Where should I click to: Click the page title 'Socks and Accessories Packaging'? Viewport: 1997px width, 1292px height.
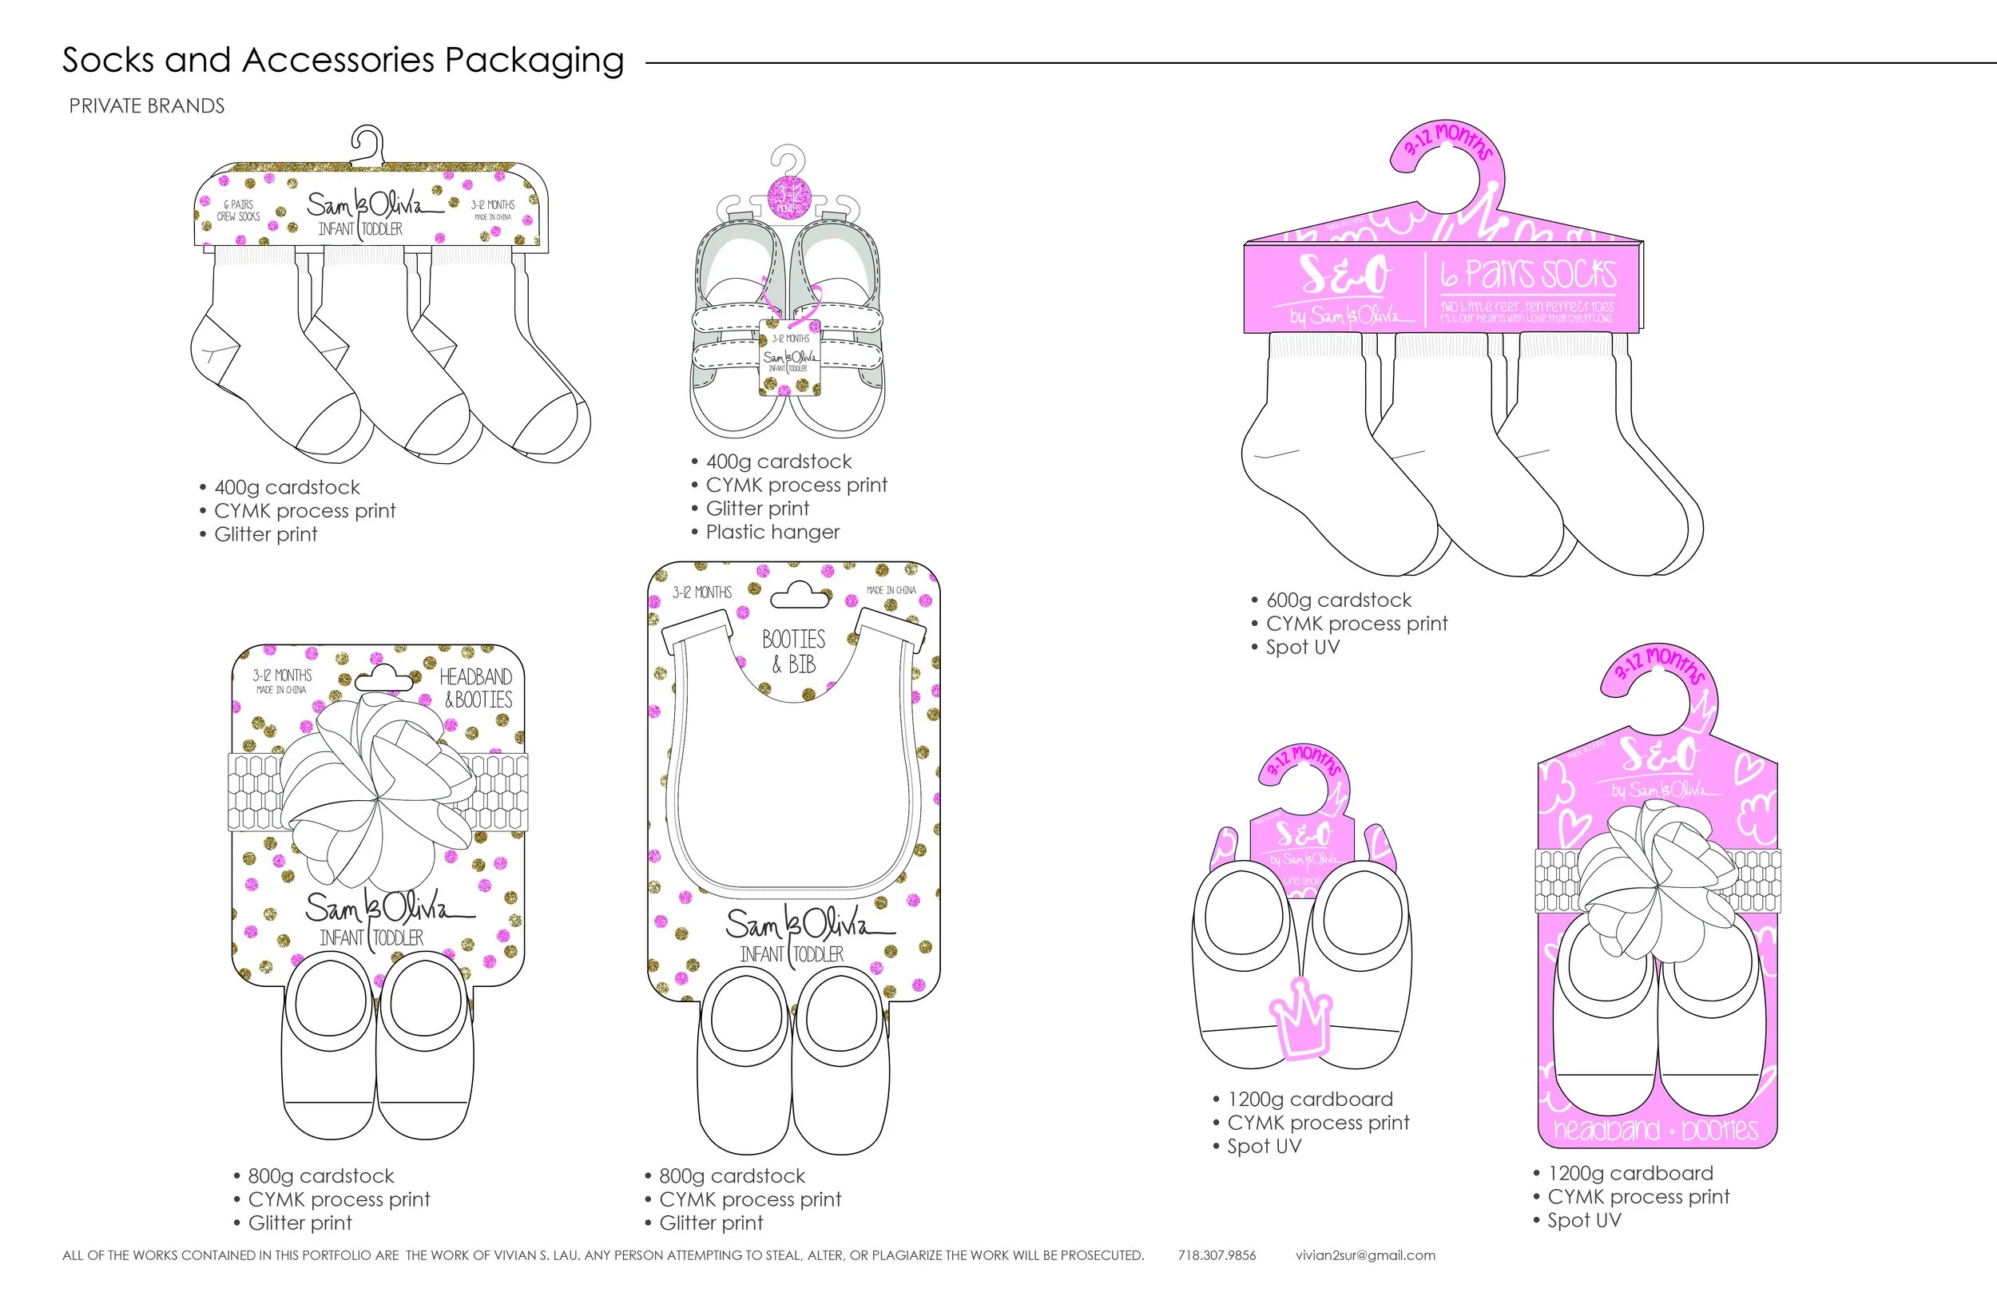(343, 61)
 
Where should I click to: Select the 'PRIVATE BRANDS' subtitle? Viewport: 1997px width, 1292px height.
(147, 106)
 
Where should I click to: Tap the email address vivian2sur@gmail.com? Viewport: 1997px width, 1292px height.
(1365, 1255)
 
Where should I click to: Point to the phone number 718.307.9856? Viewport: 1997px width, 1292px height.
(1217, 1255)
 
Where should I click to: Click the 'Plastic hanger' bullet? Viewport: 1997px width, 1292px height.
(772, 532)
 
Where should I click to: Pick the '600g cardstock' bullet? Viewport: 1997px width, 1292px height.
(1338, 600)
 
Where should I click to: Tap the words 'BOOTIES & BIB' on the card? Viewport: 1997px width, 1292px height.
(793, 651)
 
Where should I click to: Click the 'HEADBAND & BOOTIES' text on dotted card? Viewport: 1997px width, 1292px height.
(477, 688)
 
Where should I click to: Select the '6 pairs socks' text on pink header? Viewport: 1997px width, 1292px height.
(1528, 275)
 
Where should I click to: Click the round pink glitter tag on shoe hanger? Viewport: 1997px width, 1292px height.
(789, 198)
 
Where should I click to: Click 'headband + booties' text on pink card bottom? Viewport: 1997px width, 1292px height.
(1655, 1130)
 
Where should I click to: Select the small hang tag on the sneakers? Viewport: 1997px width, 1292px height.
(788, 357)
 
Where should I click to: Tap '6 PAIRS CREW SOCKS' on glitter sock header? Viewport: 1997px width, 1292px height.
(239, 211)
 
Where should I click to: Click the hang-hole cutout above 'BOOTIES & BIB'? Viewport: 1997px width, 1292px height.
(800, 597)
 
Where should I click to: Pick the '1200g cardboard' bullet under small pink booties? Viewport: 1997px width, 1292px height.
(1309, 1099)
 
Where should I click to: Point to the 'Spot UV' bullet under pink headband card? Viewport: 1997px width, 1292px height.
(1583, 1220)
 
